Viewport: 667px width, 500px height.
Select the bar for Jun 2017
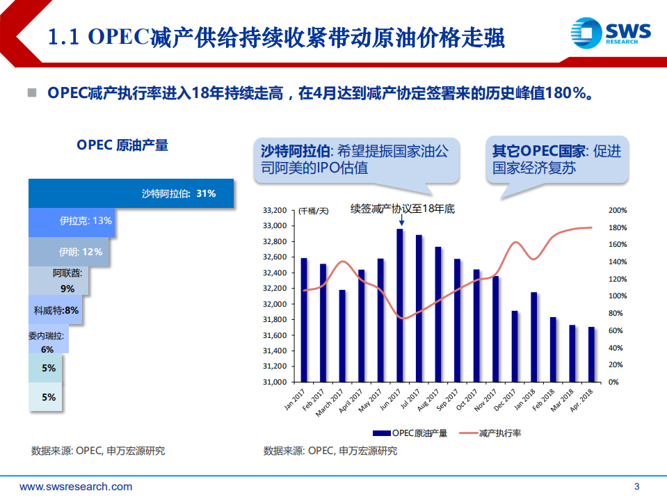click(x=400, y=305)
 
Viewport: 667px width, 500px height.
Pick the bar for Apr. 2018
click(x=591, y=354)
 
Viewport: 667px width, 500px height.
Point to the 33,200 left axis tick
click(x=275, y=210)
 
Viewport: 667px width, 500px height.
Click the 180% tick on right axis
click(x=618, y=227)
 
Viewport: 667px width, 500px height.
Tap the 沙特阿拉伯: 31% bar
click(x=131, y=194)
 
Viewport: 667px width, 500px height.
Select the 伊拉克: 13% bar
click(x=72, y=220)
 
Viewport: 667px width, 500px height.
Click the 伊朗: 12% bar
click(x=69, y=252)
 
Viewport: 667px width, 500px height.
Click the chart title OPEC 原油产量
click(x=122, y=145)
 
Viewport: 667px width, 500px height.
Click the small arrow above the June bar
click(x=401, y=220)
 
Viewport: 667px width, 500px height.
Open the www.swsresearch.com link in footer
click(x=76, y=487)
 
